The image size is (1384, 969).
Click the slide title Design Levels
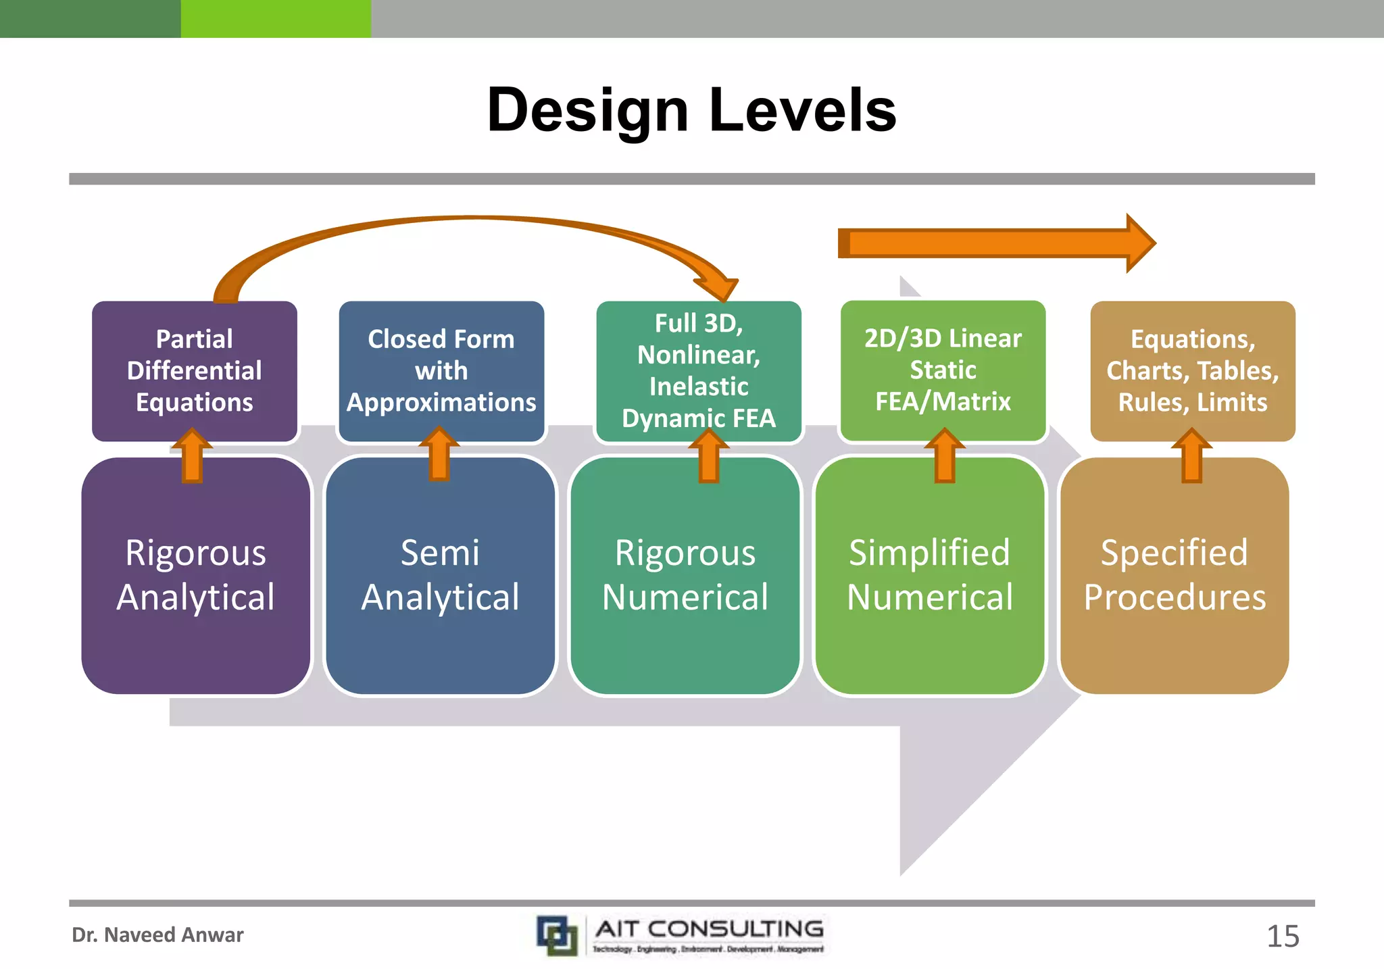coord(691,110)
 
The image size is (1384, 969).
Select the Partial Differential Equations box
coord(195,370)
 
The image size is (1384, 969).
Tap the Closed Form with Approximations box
coord(441,370)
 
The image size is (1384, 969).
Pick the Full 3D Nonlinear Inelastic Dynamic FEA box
coord(699,370)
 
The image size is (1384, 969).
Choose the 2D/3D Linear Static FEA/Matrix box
coord(943,370)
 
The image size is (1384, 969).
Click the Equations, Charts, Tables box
coord(1193,370)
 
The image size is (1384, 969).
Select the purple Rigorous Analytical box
coord(196,575)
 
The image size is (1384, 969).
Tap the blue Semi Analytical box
coord(440,575)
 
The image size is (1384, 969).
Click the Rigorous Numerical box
coord(685,575)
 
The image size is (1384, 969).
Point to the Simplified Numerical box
coord(930,575)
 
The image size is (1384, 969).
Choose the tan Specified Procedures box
coord(1175,575)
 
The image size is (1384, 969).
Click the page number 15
coord(1282,937)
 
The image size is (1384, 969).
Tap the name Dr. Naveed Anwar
coord(157,935)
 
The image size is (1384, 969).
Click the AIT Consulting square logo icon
coord(558,936)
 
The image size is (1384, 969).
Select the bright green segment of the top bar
coord(276,18)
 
